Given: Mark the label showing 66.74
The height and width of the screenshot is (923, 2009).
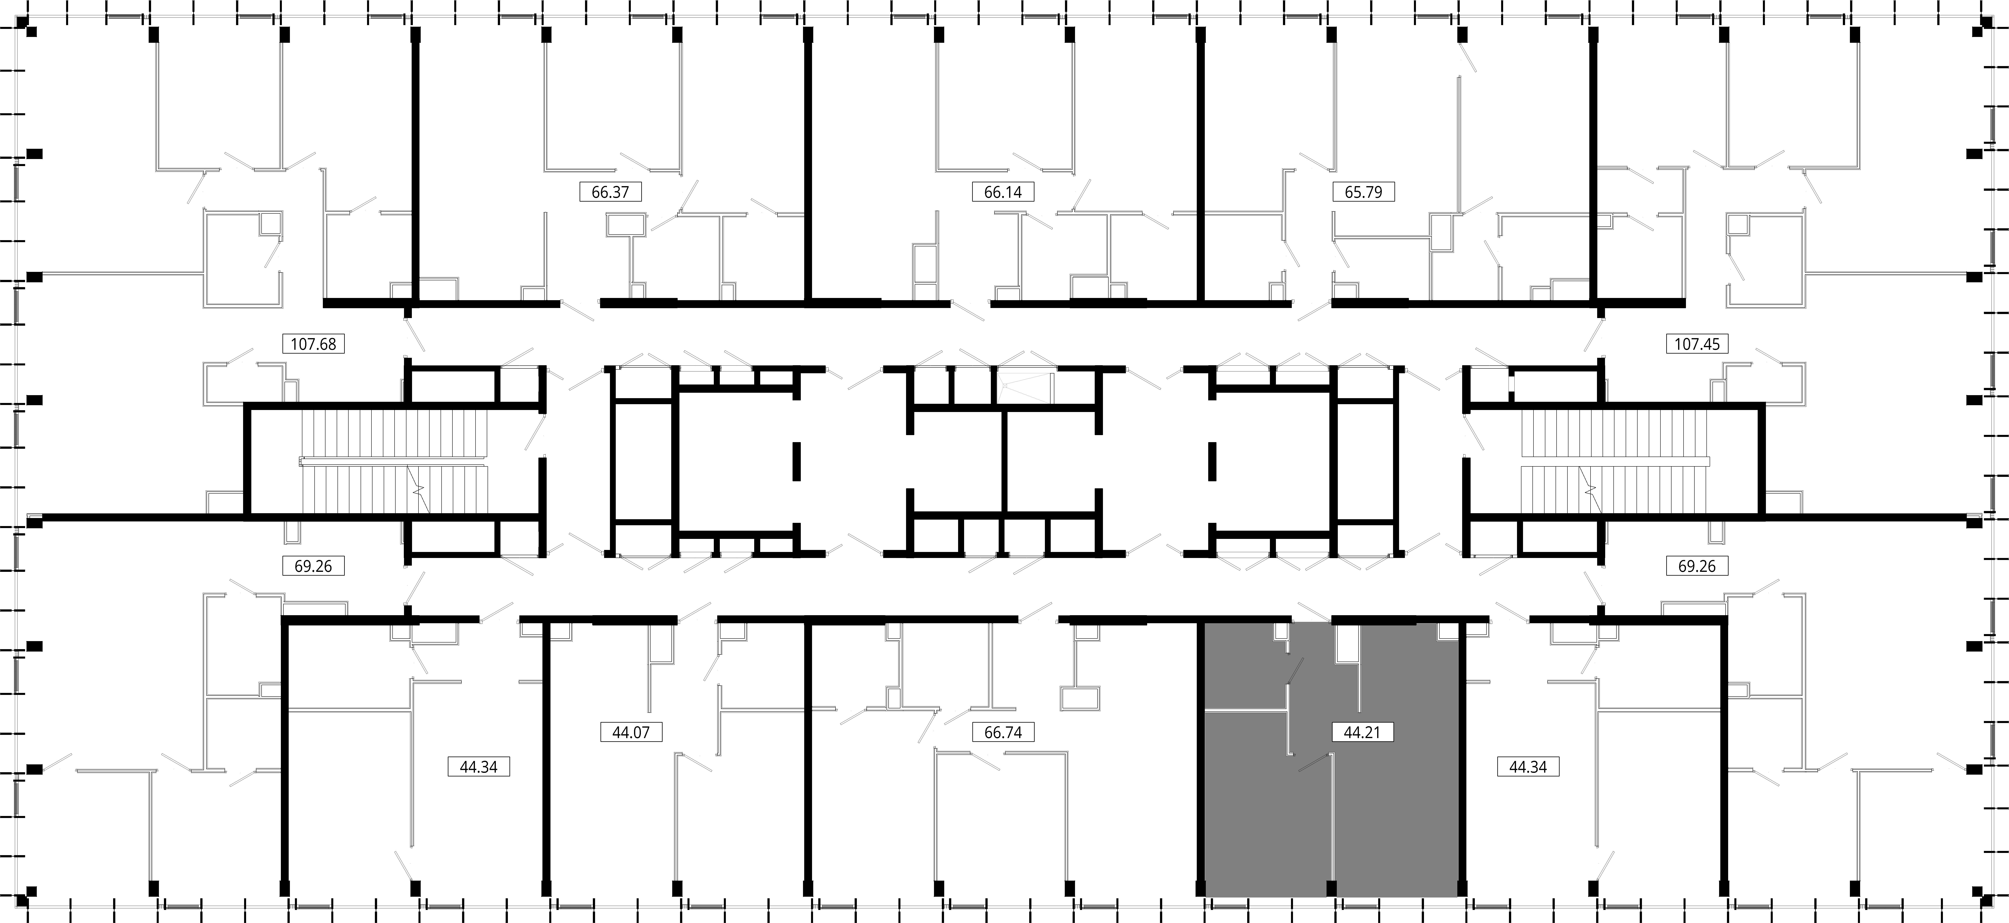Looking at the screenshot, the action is [x=1003, y=732].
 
